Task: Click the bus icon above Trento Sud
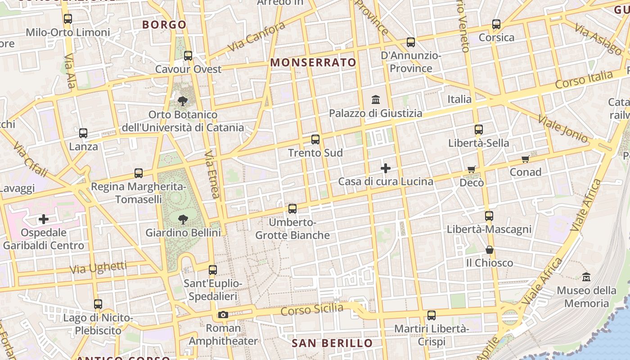(x=315, y=139)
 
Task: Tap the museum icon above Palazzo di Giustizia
(x=375, y=99)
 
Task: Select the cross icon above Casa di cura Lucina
(x=386, y=168)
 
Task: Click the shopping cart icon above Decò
(x=471, y=170)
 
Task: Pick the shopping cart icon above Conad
(x=525, y=159)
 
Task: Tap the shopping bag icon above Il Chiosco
(x=490, y=250)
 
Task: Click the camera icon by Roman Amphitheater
(x=223, y=315)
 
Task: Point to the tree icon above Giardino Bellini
(x=183, y=220)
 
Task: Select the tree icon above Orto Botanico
(x=183, y=101)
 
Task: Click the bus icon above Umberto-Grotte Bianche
(x=292, y=209)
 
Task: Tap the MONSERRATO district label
(x=313, y=63)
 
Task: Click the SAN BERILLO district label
(x=332, y=343)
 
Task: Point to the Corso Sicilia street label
(x=312, y=310)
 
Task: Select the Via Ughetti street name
(x=98, y=267)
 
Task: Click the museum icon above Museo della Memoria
(x=586, y=277)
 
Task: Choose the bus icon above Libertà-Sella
(x=478, y=130)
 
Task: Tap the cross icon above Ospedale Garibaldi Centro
(x=44, y=219)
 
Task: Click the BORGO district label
(x=164, y=25)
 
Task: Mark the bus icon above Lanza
(x=83, y=133)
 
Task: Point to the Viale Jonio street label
(x=562, y=129)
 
